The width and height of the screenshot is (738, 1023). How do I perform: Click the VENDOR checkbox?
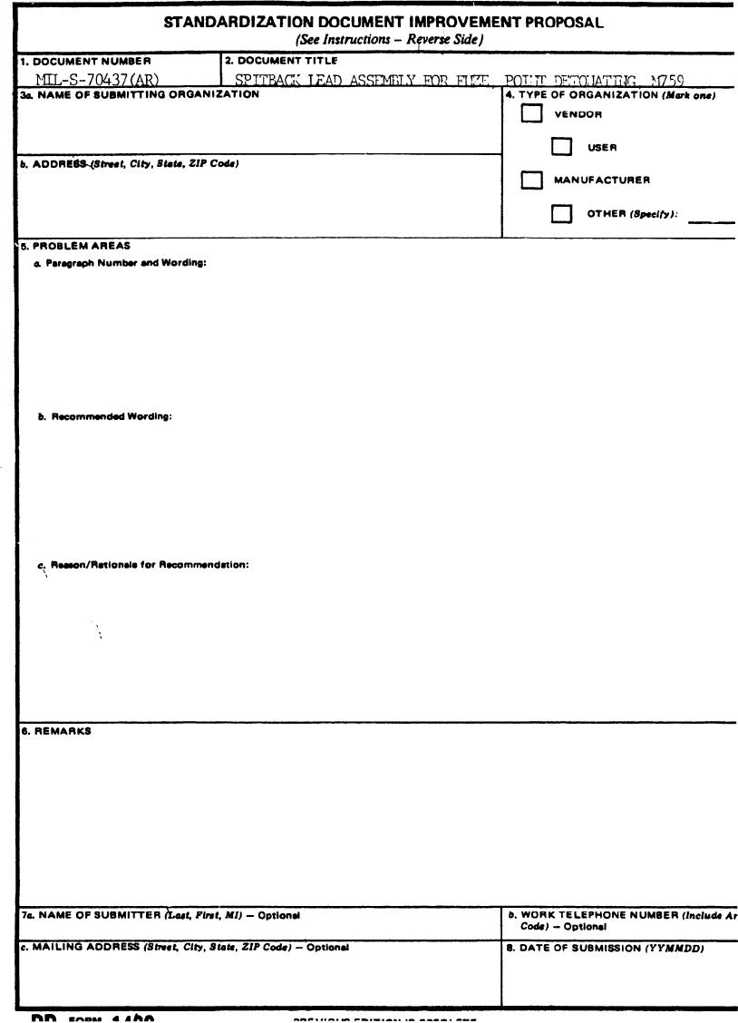pos(532,114)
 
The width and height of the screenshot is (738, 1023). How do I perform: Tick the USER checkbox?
pos(563,147)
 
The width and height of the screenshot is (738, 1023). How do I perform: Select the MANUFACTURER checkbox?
pos(532,180)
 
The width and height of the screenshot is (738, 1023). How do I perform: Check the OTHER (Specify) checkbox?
pos(563,214)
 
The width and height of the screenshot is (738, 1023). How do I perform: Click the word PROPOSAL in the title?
pos(564,23)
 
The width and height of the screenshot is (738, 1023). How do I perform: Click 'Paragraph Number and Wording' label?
pos(127,263)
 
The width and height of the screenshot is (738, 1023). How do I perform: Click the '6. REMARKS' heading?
pos(55,731)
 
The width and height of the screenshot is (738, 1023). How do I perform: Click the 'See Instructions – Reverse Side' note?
pos(391,39)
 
